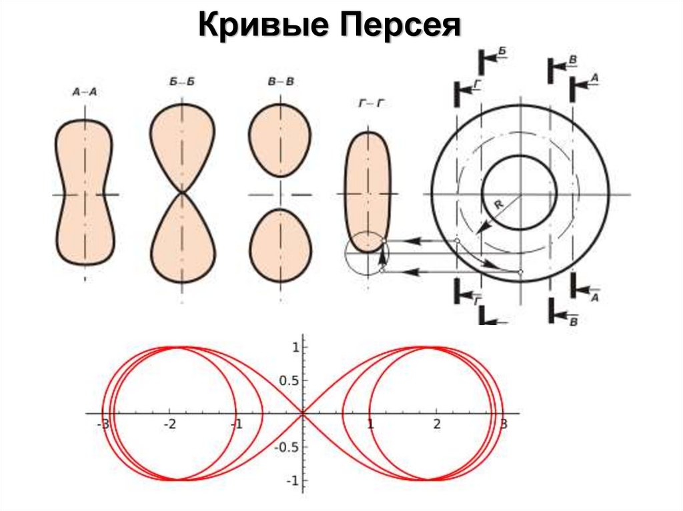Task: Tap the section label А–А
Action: coord(84,93)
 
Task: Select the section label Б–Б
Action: coord(181,82)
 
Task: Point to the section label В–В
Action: coord(281,82)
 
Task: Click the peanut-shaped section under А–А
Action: coord(84,193)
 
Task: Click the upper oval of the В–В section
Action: coord(280,141)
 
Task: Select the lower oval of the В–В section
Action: coord(280,245)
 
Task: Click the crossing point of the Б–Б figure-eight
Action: coord(182,193)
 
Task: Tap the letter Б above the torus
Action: coord(502,51)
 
